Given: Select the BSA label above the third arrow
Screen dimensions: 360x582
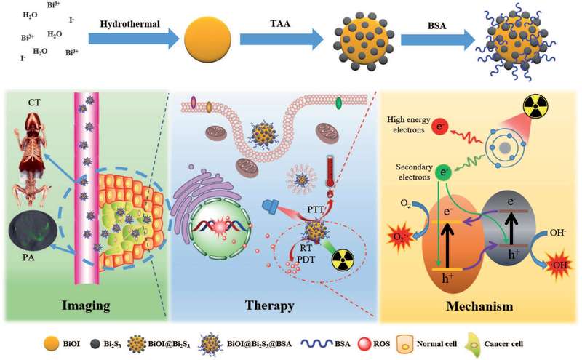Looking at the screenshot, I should point(431,23).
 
